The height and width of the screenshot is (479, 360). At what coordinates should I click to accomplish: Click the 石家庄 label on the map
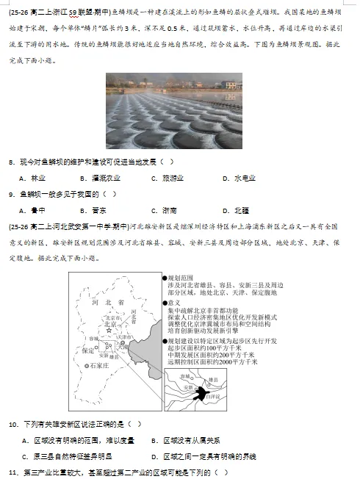98,365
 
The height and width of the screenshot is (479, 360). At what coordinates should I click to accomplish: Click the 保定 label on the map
88,351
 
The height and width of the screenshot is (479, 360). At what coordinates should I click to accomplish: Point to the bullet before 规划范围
164,277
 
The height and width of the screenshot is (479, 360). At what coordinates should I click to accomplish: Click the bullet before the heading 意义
164,302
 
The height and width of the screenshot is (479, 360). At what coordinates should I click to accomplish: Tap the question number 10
13,424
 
